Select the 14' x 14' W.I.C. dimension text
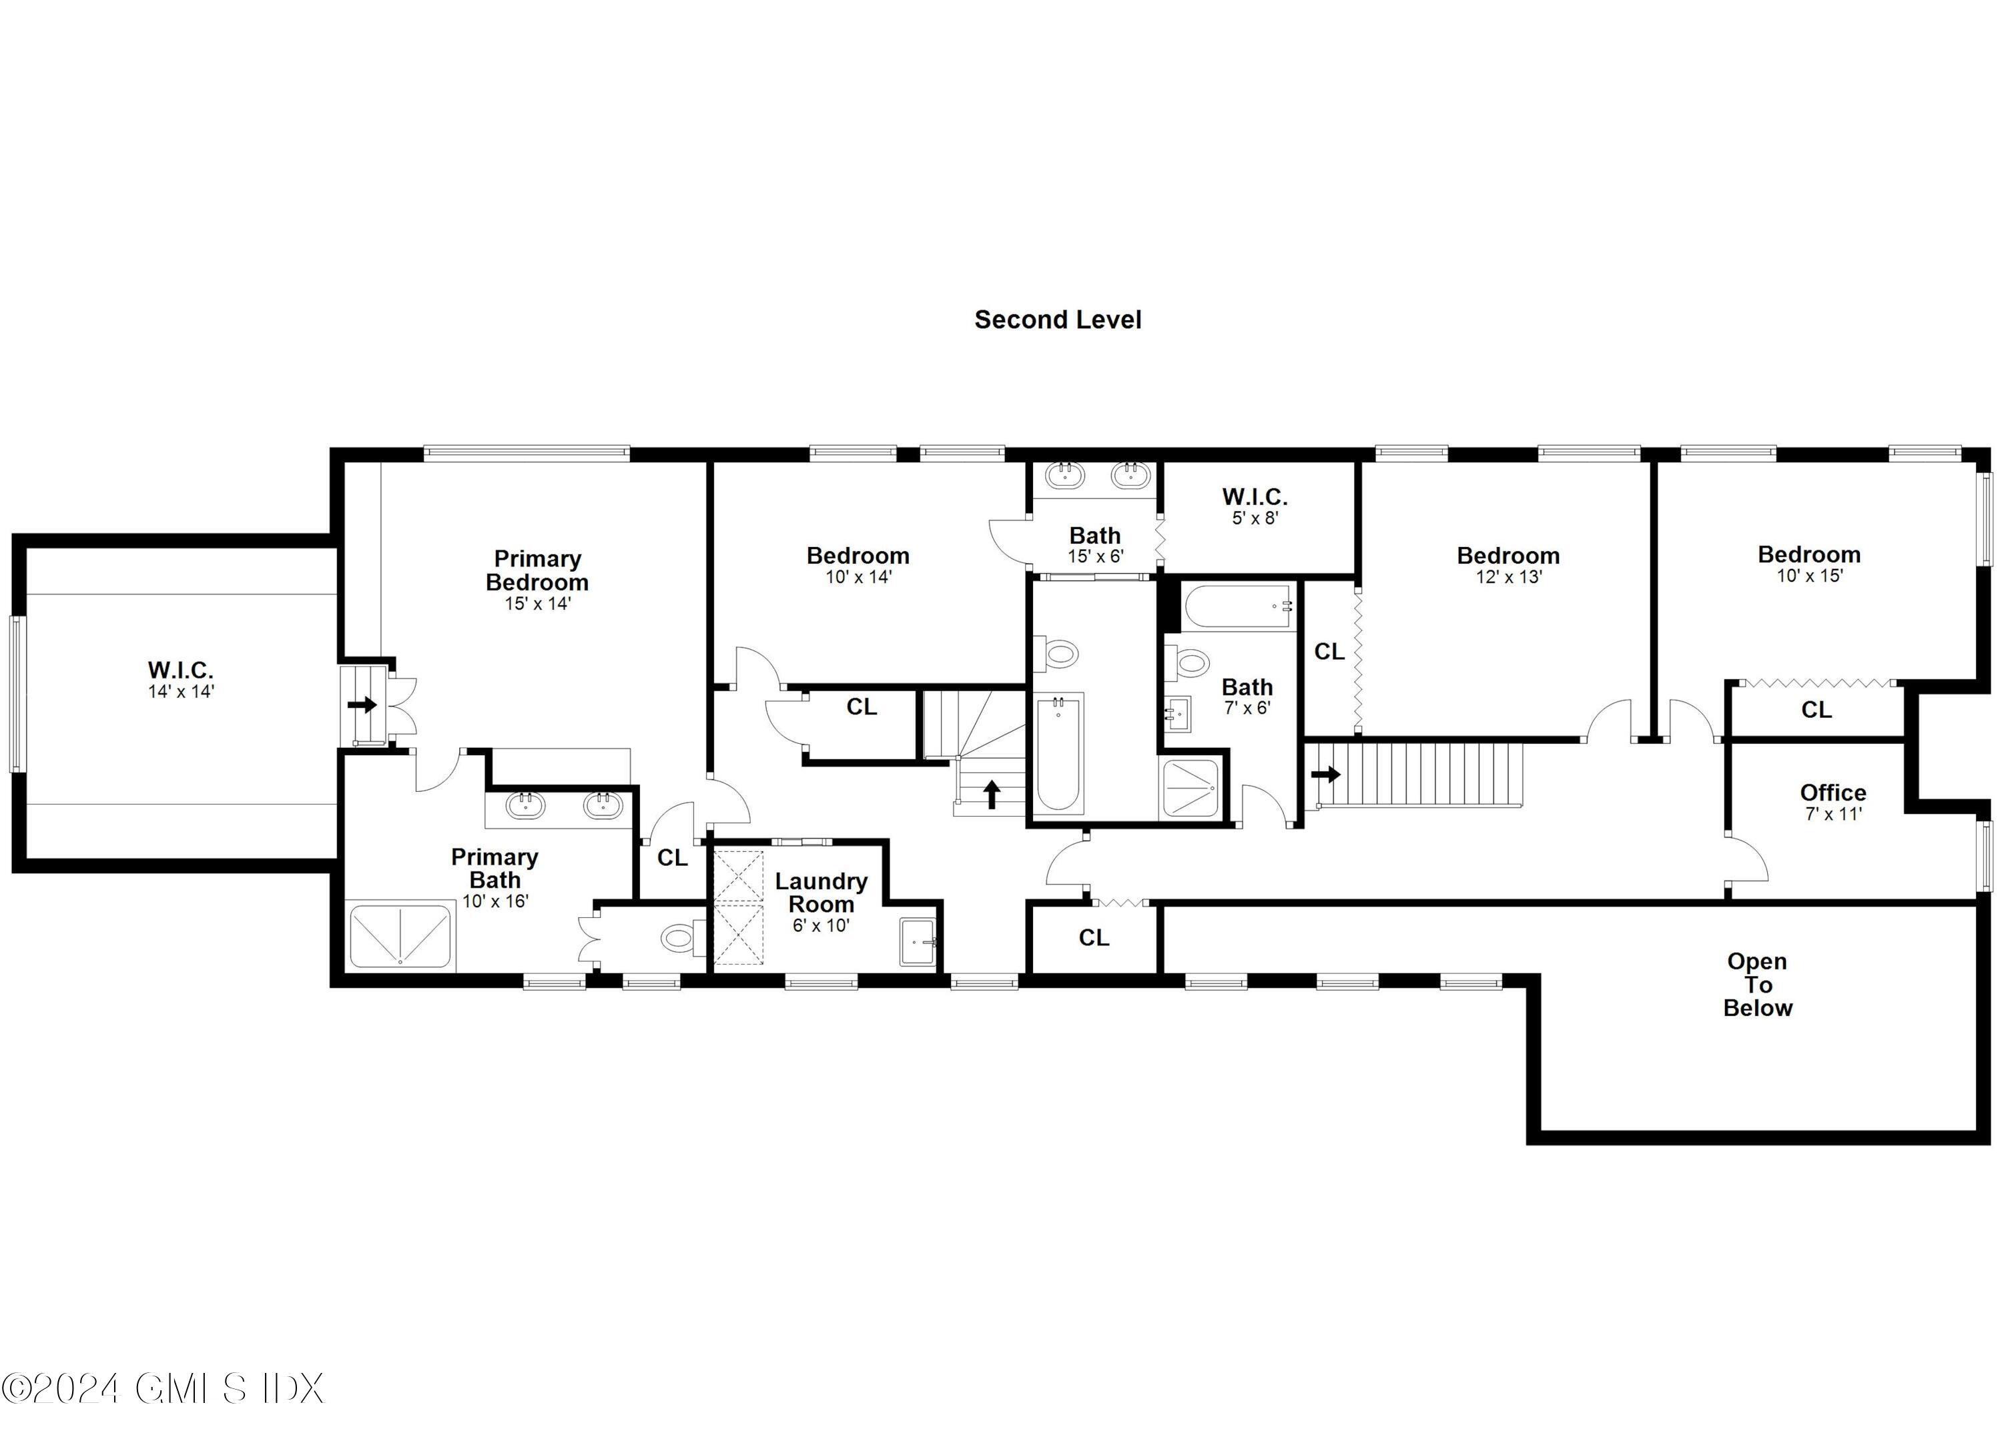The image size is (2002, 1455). click(x=181, y=692)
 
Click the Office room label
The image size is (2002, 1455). click(x=1832, y=793)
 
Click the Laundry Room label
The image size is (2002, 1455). click(x=821, y=892)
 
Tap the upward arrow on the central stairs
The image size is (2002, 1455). click(x=991, y=794)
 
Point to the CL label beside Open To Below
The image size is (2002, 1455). click(x=1093, y=938)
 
